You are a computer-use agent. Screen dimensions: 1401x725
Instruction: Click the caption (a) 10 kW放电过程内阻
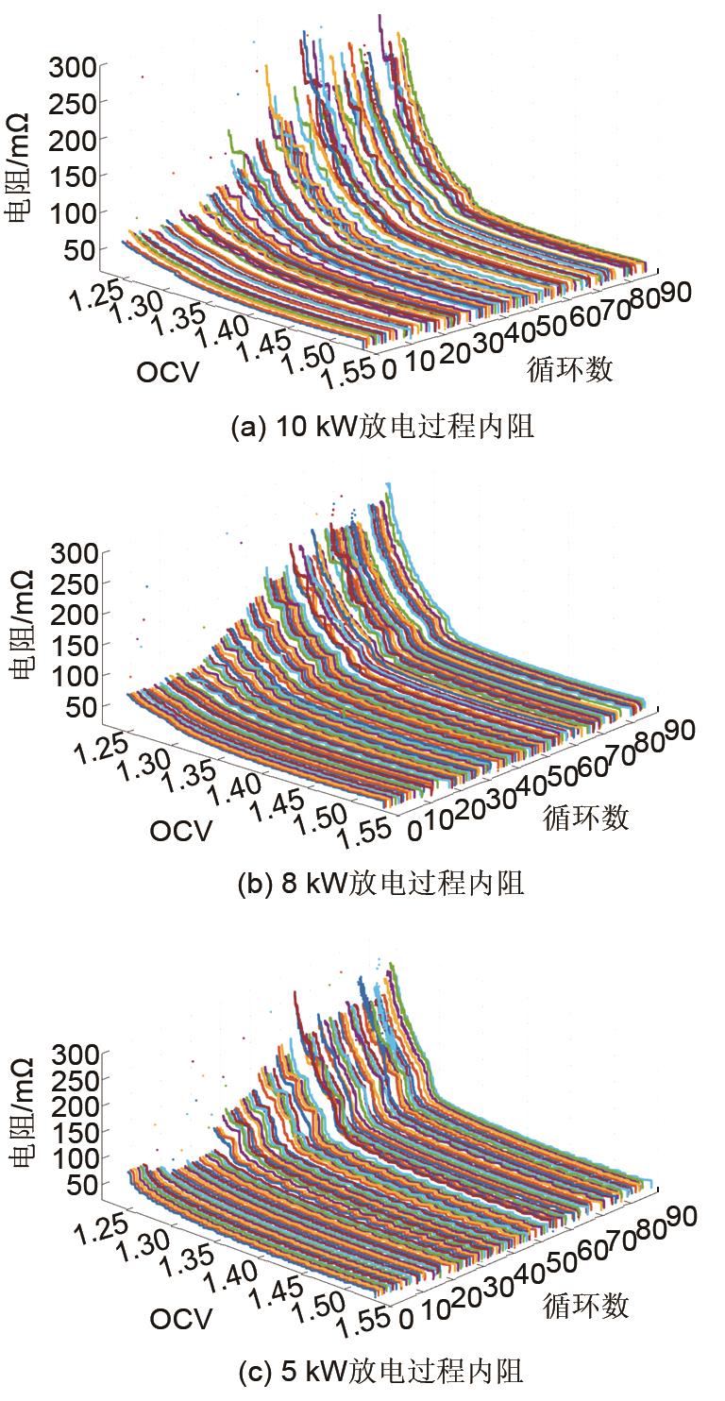point(382,428)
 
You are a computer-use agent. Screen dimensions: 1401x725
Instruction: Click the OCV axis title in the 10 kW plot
point(168,373)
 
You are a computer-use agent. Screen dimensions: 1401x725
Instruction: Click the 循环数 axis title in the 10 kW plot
point(569,369)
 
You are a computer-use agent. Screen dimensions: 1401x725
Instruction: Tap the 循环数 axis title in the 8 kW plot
point(585,818)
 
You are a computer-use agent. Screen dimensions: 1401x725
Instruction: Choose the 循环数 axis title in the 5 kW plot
point(585,1307)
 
